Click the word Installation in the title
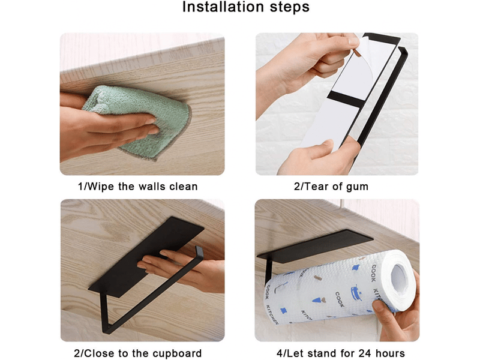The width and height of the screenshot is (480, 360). point(223,7)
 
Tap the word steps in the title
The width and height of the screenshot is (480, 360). point(290,7)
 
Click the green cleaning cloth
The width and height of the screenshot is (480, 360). point(138,121)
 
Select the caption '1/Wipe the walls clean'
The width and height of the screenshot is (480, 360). point(138,187)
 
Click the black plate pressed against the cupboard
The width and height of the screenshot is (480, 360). point(146,257)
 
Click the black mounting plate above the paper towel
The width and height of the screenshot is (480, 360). point(316,246)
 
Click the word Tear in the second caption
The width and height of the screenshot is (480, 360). point(316,187)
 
